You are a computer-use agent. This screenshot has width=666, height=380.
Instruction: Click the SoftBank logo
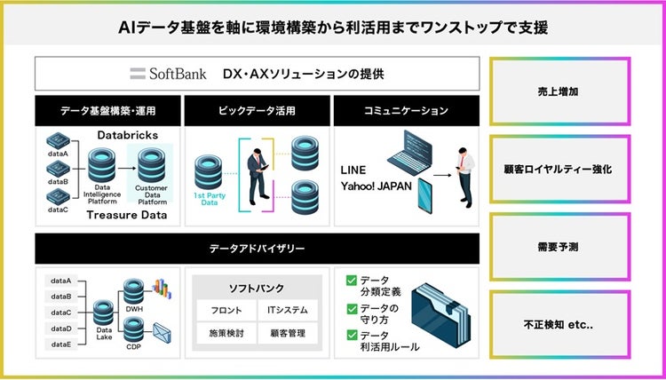tap(168, 74)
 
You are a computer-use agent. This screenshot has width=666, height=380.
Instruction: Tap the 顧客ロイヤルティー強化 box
tap(559, 168)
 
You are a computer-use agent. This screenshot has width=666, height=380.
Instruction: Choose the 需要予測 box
tap(559, 244)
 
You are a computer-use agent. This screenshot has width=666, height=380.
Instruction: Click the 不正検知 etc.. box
tap(559, 321)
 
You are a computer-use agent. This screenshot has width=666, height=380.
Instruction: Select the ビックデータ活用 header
tap(256, 111)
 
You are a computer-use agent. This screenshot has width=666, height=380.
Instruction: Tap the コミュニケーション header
tap(407, 111)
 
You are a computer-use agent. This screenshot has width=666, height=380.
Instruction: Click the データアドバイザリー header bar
tap(258, 249)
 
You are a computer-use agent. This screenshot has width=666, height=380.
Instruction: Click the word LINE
tap(353, 169)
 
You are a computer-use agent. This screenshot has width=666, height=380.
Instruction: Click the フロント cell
tap(226, 311)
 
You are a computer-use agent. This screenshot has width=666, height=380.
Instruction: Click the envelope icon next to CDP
tap(162, 334)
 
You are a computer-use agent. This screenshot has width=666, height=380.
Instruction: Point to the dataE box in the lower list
tap(61, 344)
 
